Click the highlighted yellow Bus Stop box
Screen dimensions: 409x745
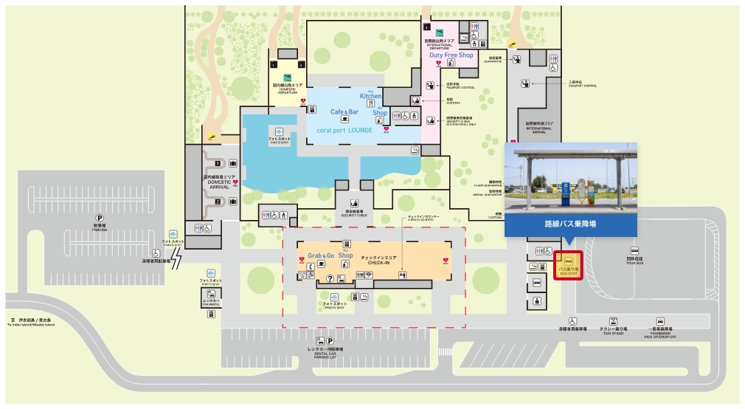(568, 265)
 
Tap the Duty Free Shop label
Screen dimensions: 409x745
(451, 55)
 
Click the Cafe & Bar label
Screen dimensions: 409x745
(344, 111)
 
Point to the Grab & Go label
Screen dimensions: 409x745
(321, 255)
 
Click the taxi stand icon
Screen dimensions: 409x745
(612, 321)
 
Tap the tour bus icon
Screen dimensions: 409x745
(634, 251)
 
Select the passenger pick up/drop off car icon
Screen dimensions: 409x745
(659, 321)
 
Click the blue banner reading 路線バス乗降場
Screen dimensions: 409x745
(570, 221)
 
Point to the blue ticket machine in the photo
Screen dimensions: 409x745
(566, 193)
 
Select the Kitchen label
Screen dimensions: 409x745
(371, 97)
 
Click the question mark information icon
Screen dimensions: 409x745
(329, 278)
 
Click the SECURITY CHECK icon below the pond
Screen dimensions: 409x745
(354, 202)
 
